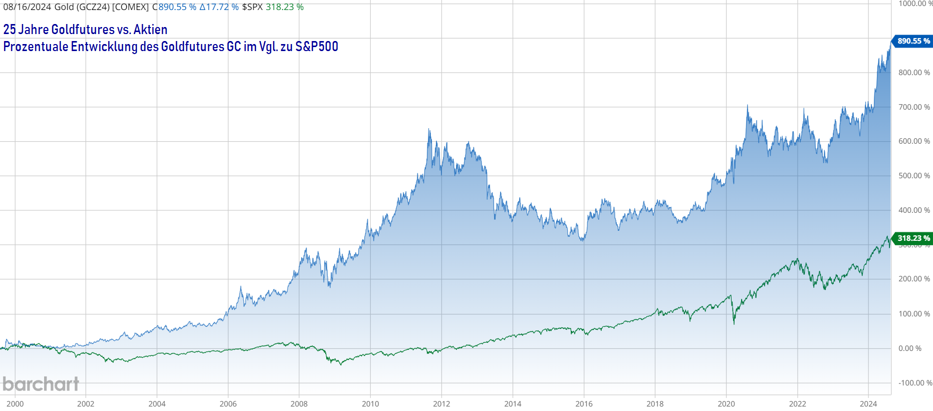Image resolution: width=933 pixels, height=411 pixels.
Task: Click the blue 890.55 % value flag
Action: pyautogui.click(x=913, y=41)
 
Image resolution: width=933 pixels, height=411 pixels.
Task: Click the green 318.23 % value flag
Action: pyautogui.click(x=913, y=238)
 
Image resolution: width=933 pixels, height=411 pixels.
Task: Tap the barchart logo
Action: pyautogui.click(x=41, y=384)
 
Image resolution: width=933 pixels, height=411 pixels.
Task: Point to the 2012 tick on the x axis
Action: pyautogui.click(x=441, y=403)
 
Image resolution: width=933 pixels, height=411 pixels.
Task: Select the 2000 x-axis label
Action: pyautogui.click(x=15, y=403)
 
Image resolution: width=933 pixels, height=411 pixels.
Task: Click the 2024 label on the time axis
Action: pyautogui.click(x=868, y=403)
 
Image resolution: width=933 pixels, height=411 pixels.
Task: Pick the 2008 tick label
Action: pyautogui.click(x=299, y=403)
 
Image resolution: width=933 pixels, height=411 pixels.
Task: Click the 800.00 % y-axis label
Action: pyautogui.click(x=914, y=73)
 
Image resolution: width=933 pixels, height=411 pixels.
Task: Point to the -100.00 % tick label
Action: pyautogui.click(x=915, y=383)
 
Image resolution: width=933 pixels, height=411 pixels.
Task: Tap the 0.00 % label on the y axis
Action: pyautogui.click(x=910, y=348)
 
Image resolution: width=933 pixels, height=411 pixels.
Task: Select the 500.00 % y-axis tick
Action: pyautogui.click(x=914, y=176)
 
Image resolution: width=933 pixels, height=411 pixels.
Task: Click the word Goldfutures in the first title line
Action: pyautogui.click(x=83, y=30)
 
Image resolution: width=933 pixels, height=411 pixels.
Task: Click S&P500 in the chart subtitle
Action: pyautogui.click(x=317, y=47)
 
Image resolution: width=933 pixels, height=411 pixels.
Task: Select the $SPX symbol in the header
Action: pyautogui.click(x=252, y=7)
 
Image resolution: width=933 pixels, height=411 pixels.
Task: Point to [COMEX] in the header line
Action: pyautogui.click(x=130, y=7)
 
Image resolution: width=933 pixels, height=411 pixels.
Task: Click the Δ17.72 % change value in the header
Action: pyautogui.click(x=219, y=7)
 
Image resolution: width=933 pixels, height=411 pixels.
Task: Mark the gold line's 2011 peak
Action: pyautogui.click(x=429, y=130)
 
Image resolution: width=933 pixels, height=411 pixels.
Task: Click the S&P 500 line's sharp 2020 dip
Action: pyautogui.click(x=734, y=323)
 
